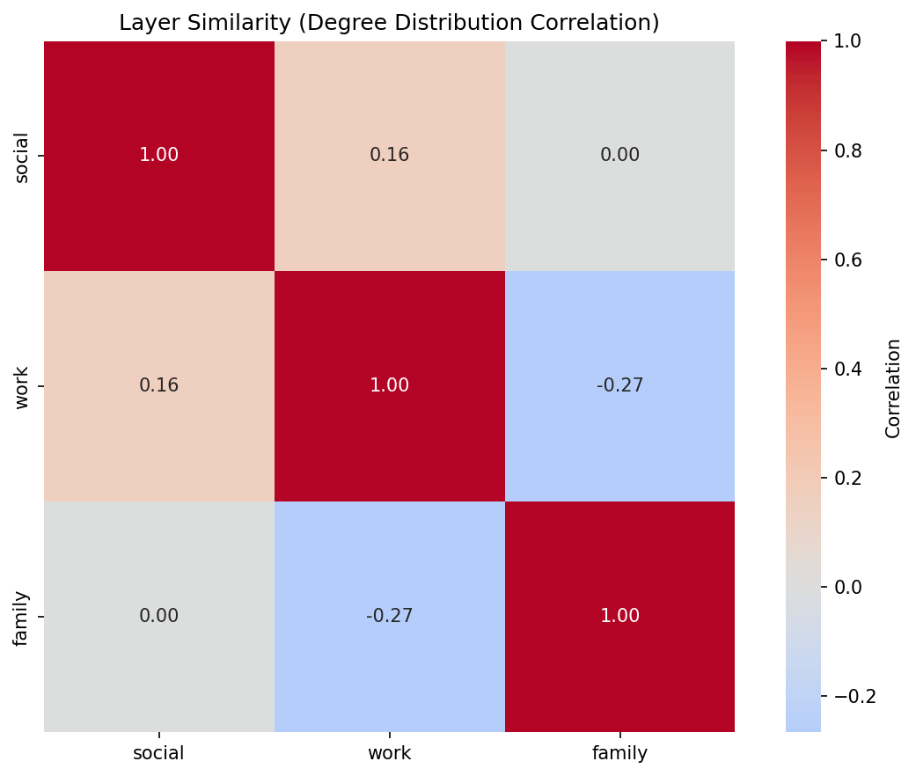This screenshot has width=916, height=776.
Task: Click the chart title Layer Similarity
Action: click(x=389, y=23)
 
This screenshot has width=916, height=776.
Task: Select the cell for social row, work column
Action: click(x=389, y=155)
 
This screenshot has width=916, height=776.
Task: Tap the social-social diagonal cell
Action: click(x=159, y=155)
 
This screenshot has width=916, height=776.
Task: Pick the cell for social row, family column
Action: click(x=619, y=155)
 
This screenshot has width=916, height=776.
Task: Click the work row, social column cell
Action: click(x=159, y=385)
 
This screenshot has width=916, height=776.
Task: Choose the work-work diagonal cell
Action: click(x=389, y=385)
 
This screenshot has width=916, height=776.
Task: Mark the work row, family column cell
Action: click(x=619, y=385)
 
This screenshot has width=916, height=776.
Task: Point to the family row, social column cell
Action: click(x=159, y=616)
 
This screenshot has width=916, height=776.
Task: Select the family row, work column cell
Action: click(x=389, y=616)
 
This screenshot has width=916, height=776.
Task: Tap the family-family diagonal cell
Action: click(x=619, y=616)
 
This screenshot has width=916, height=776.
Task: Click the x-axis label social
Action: click(x=159, y=753)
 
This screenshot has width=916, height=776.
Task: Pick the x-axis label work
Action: click(x=389, y=753)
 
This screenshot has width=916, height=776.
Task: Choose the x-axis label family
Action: click(x=619, y=753)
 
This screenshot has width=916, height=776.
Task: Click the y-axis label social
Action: click(x=22, y=156)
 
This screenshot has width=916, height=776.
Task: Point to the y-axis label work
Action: click(x=22, y=386)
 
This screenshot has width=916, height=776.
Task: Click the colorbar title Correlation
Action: click(x=893, y=387)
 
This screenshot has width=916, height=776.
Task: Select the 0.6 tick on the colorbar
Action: click(x=847, y=260)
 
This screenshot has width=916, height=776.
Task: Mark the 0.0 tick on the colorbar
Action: click(x=847, y=586)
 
